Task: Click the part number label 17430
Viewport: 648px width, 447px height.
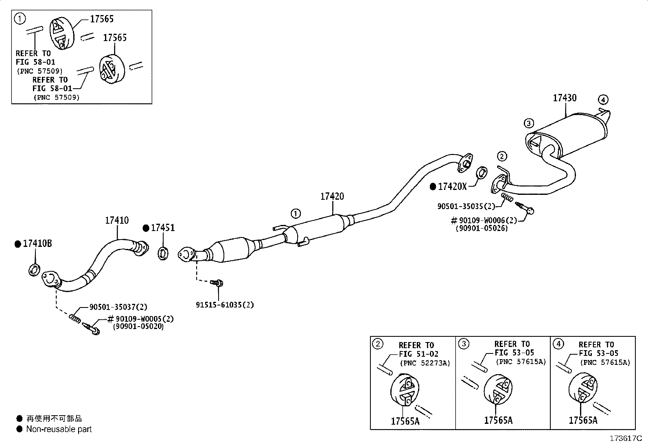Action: point(565,98)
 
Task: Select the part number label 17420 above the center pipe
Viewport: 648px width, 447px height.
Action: point(332,196)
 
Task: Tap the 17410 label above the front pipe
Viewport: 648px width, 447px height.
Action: point(116,220)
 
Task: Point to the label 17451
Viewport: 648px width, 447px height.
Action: point(163,228)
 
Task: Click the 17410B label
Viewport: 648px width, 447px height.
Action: point(37,244)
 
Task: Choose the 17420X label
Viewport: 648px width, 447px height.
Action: point(453,187)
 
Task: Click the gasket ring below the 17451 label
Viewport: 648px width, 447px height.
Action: point(163,253)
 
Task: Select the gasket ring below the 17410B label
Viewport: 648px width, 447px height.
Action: point(34,270)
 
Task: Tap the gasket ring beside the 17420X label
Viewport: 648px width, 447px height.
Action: point(482,173)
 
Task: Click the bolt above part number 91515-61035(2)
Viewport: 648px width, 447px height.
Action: point(217,283)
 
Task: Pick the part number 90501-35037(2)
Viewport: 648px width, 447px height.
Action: point(118,307)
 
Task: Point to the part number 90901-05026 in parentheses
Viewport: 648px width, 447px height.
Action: point(482,229)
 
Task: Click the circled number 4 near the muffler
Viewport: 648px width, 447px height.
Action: point(603,100)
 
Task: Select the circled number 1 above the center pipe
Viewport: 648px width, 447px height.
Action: point(296,214)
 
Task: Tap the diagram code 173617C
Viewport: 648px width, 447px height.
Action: point(626,438)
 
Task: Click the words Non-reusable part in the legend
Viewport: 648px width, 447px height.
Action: point(59,429)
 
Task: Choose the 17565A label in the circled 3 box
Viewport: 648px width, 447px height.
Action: point(498,421)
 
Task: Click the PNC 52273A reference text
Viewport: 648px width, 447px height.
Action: point(425,363)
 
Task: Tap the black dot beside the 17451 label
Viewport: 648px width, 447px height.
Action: point(146,229)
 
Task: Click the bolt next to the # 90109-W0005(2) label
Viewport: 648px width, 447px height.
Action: point(92,329)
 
